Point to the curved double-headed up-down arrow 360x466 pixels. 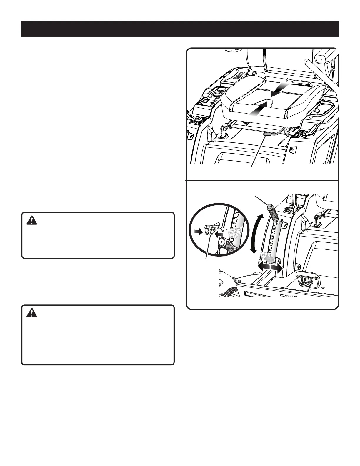tap(254, 234)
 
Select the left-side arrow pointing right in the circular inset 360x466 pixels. tap(200, 232)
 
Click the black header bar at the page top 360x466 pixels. tap(180, 29)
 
